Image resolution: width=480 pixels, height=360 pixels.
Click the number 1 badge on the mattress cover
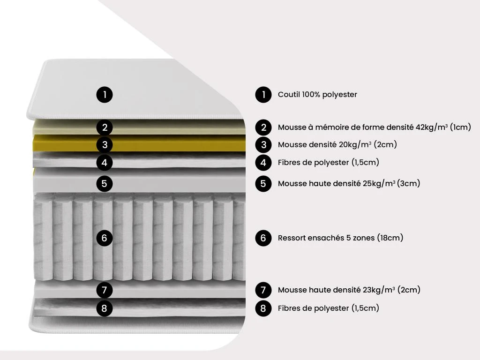[x=105, y=95]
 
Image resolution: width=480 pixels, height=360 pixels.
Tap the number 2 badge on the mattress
[x=105, y=127]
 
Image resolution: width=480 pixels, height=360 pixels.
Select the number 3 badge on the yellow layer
[x=105, y=144]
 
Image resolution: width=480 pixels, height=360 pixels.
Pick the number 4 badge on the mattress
[x=105, y=163]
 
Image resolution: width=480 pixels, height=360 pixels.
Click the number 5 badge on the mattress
[x=105, y=183]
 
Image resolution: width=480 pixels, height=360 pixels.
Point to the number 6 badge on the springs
[x=105, y=238]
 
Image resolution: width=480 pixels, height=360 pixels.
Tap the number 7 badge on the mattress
[x=105, y=290]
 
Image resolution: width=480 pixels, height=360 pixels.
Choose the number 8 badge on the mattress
[x=105, y=308]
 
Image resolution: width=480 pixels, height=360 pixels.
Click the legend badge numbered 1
[x=263, y=95]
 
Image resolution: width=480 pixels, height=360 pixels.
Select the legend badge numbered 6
[x=263, y=238]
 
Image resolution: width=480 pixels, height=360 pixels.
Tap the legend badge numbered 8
[x=263, y=308]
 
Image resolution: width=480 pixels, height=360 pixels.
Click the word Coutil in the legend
[x=289, y=95]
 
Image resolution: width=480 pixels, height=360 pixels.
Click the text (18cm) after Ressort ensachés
[x=390, y=238]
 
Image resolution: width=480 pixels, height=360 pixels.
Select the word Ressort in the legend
[x=292, y=238]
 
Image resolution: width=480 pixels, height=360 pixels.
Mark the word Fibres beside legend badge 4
[x=290, y=163]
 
